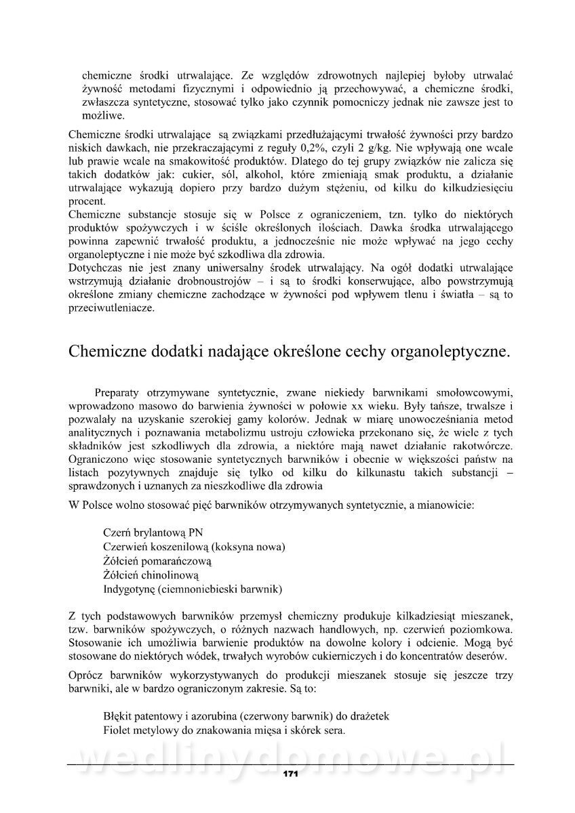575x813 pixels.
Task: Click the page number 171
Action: tap(291, 774)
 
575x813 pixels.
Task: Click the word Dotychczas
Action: tap(96, 267)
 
